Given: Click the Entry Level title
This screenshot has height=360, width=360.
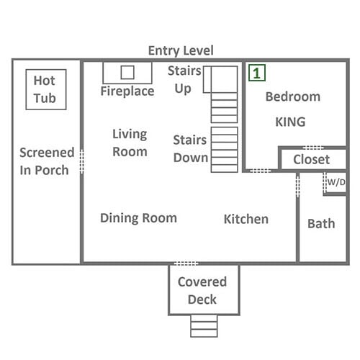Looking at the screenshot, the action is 181,51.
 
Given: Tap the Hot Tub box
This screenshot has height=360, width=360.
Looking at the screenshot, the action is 46,69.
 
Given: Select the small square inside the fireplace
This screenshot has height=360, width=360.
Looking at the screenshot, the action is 127,72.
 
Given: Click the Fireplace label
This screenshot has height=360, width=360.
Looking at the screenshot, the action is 127,91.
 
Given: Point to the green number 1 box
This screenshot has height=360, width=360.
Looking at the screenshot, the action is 257,73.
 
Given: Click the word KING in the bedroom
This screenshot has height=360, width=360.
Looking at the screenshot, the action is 290,122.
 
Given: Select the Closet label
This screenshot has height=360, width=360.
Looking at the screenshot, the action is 312,160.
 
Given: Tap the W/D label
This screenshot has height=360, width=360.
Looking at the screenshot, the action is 336,182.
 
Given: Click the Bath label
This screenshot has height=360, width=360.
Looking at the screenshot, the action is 321,224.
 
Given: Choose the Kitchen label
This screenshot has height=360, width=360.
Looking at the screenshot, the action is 246,219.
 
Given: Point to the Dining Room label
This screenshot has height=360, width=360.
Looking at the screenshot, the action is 138,218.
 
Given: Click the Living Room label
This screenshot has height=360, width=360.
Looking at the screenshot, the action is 130,143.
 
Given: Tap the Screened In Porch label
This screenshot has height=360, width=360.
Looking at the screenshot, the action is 47,161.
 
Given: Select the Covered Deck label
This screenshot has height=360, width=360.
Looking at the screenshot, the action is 202,291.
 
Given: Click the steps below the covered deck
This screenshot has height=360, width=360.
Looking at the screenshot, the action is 204,326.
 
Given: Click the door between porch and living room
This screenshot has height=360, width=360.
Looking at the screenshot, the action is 81,161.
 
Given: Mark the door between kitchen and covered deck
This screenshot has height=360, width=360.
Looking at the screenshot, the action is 186,264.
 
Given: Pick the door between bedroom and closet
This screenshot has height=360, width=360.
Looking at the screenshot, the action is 313,148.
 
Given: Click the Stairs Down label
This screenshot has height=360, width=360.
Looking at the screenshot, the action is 191,149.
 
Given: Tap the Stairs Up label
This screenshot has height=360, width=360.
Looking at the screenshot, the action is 184,80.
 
